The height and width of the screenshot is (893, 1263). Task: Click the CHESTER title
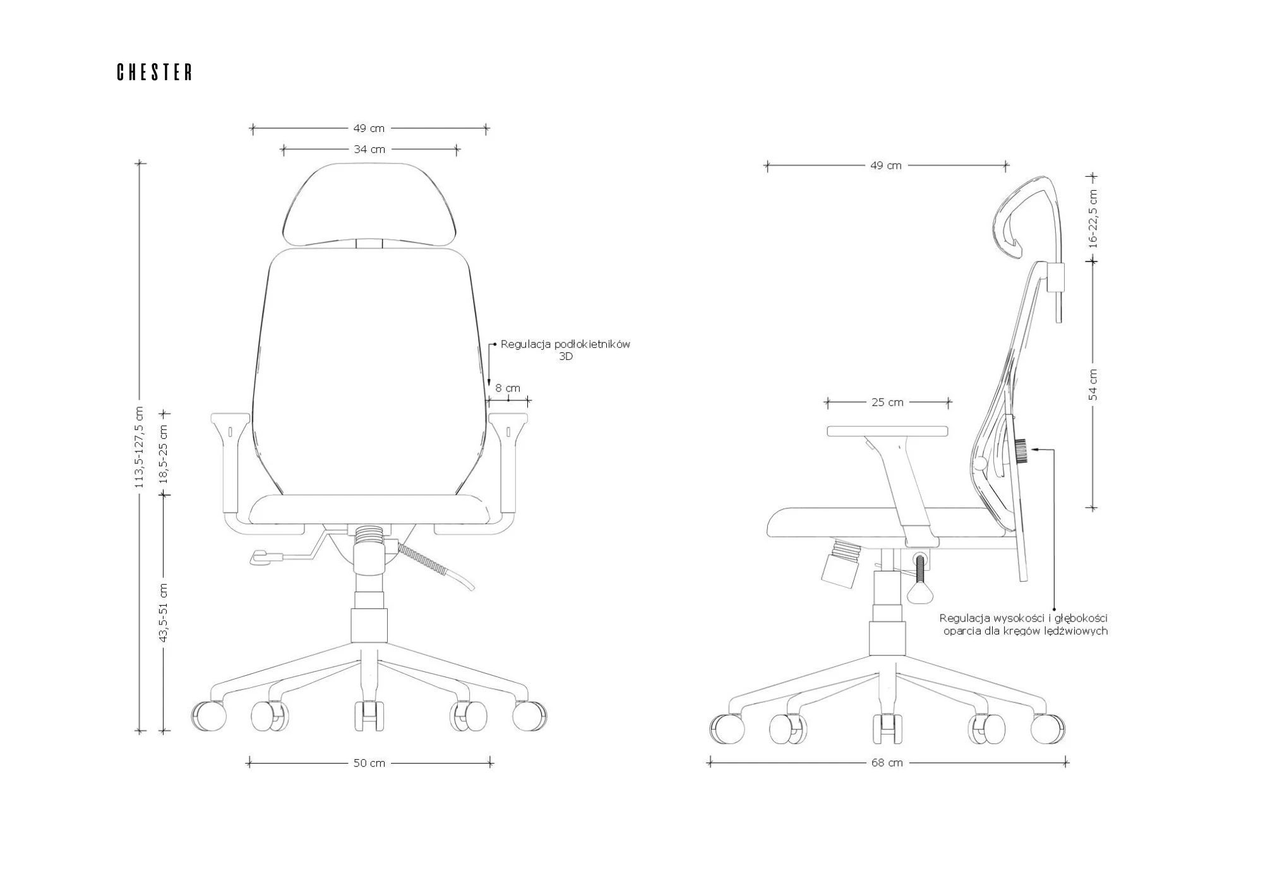[x=155, y=73]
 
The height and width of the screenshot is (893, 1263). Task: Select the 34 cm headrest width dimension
[x=369, y=150]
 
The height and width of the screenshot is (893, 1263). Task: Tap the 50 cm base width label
[x=369, y=763]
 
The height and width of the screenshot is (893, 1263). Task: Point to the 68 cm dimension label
[x=887, y=763]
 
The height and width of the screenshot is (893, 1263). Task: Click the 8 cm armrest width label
[x=508, y=388]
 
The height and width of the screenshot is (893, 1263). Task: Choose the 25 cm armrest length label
[x=887, y=402]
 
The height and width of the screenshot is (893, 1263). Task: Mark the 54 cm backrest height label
[x=1093, y=385]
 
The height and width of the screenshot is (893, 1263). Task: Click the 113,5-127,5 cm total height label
[x=140, y=447]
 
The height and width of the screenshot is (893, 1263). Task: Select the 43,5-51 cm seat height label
[x=164, y=613]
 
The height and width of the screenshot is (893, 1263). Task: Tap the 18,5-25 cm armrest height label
[x=164, y=454]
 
